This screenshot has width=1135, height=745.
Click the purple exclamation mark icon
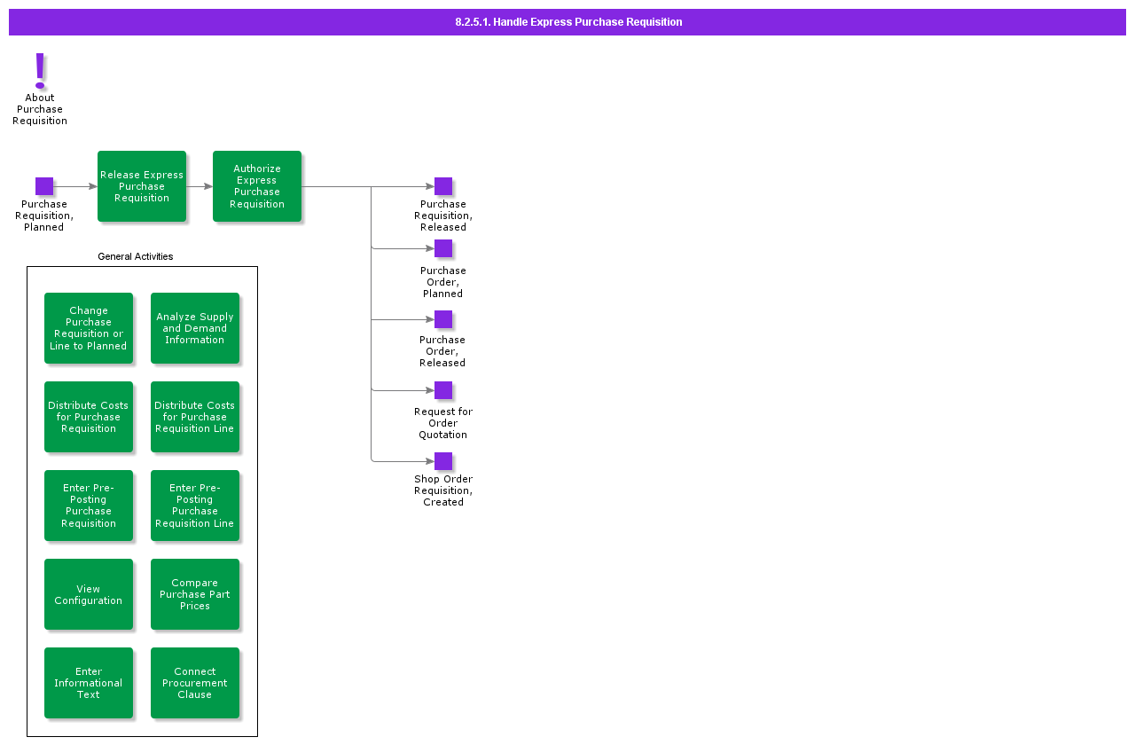pos(40,71)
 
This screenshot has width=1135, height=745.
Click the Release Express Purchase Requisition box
pos(142,186)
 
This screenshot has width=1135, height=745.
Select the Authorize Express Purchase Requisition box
pos(257,186)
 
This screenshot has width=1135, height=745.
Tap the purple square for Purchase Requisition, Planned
pos(44,186)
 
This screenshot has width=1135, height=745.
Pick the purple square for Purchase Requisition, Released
pos(443,186)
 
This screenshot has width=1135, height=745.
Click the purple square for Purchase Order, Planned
pos(443,248)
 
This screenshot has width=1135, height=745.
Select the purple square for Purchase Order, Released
pos(443,319)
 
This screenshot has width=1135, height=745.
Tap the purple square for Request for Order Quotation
pos(443,390)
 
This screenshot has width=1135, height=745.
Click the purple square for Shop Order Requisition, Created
pos(443,461)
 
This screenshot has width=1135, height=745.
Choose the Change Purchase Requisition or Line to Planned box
pos(89,328)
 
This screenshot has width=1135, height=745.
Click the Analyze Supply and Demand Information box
pos(195,328)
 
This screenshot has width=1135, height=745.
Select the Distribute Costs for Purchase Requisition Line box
pos(195,417)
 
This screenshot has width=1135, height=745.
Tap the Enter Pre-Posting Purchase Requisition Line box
pos(195,506)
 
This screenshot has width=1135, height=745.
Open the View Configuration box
pos(89,594)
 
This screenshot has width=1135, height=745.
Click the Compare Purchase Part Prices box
pos(195,594)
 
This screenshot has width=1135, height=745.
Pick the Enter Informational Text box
pos(89,683)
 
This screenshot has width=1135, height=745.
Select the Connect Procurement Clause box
pos(195,683)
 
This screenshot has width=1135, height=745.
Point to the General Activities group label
pos(135,256)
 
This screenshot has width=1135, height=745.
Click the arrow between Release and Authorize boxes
pos(200,186)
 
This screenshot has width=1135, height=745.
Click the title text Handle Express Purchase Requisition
pos(568,22)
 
